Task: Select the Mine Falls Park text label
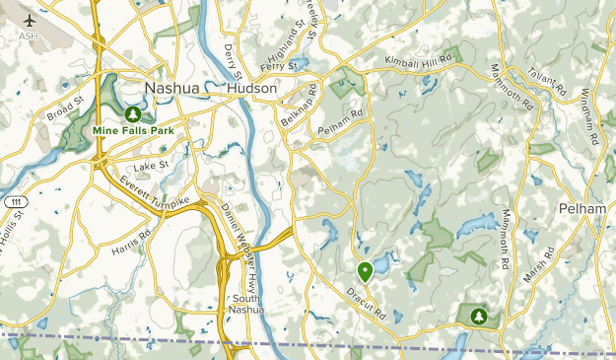133,128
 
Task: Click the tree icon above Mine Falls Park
133,112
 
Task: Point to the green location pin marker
365,270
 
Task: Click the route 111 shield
14,201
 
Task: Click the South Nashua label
247,304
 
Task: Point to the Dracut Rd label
366,302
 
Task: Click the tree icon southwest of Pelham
479,316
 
